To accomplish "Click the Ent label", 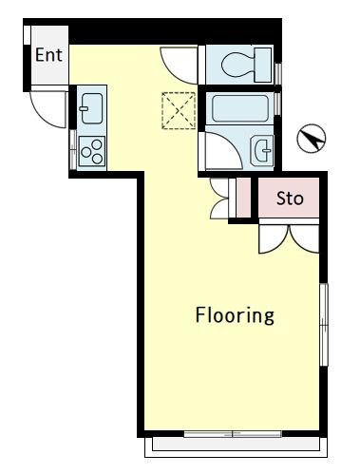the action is pyautogui.click(x=48, y=55).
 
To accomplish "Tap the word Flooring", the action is pyautogui.click(x=235, y=315).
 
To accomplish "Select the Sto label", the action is pyautogui.click(x=290, y=199).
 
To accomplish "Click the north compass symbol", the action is pyautogui.click(x=312, y=139).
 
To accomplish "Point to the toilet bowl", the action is pyautogui.click(x=237, y=65).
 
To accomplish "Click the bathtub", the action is pyautogui.click(x=240, y=108).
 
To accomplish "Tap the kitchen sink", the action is pyautogui.click(x=92, y=108).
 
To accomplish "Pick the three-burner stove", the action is pyautogui.click(x=92, y=151).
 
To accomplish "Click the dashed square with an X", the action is pyautogui.click(x=179, y=110).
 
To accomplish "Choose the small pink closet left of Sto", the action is pyautogui.click(x=243, y=198).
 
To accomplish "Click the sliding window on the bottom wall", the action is pyautogui.click(x=233, y=434).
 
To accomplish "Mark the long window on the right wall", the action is pyautogui.click(x=324, y=325).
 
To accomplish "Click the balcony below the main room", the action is pyautogui.click(x=236, y=447).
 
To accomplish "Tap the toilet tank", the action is pyautogui.click(x=263, y=65).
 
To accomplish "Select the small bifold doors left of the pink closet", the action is pyautogui.click(x=219, y=199).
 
